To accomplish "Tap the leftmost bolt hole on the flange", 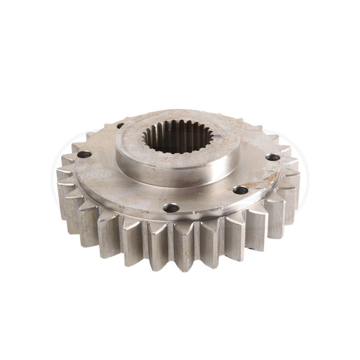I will tap(84, 154).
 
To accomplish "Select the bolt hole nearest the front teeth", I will tap(171, 208).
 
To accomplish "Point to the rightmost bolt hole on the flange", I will tap(273, 157).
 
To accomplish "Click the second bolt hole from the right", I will tap(240, 190).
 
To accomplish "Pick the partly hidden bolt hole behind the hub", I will tap(121, 125).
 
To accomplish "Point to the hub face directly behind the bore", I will tap(177, 117).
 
